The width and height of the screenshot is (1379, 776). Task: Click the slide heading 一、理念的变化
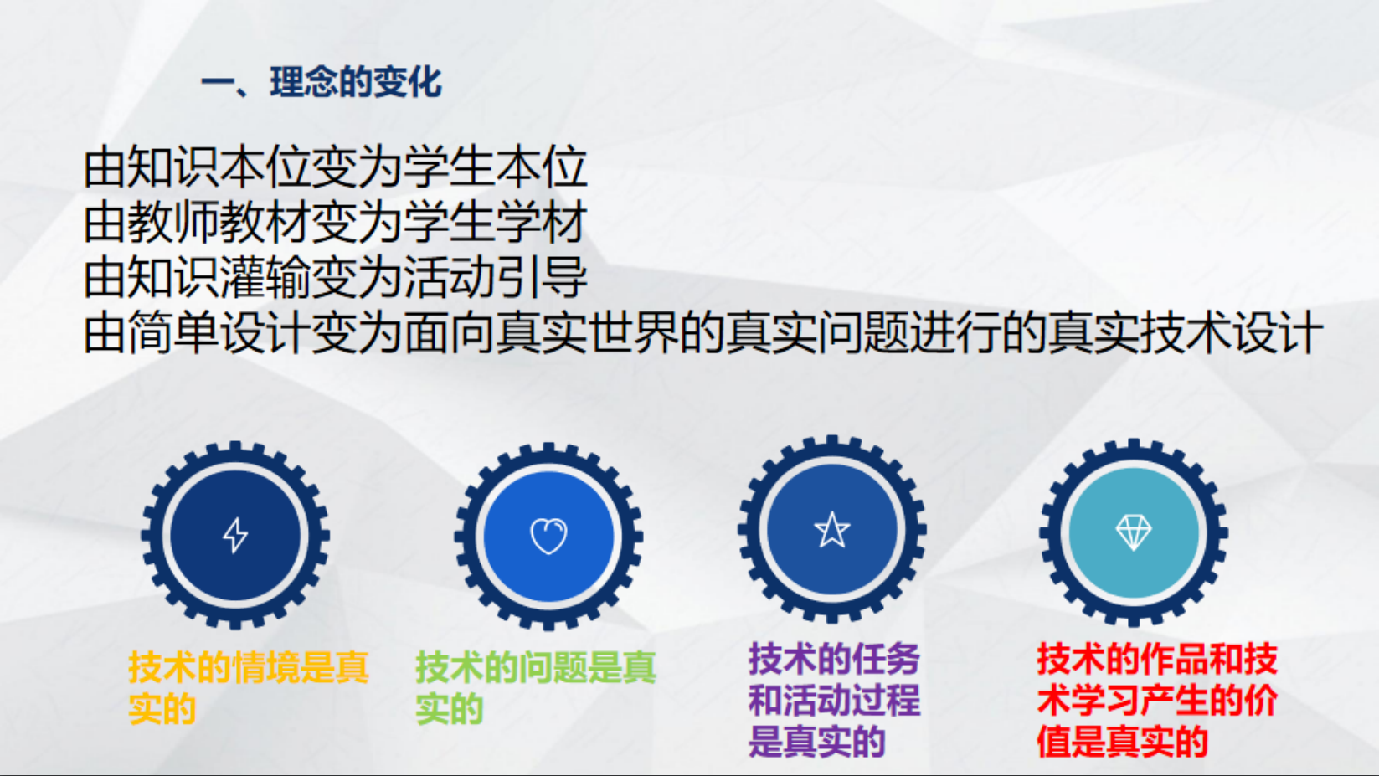pyautogui.click(x=321, y=82)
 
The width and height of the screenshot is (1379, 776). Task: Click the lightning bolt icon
pyautogui.click(x=235, y=535)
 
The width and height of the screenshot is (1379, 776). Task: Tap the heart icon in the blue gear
pyautogui.click(x=548, y=536)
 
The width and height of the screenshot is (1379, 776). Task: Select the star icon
pyautogui.click(x=831, y=530)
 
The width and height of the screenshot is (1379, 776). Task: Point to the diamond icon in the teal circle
pyautogui.click(x=1134, y=532)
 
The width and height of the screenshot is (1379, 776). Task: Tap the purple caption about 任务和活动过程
pyautogui.click(x=834, y=700)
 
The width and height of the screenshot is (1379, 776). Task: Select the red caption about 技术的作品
pyautogui.click(x=1157, y=700)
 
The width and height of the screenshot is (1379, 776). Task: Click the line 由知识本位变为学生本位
pyautogui.click(x=335, y=167)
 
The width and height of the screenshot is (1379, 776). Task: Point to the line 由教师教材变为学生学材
pyautogui.click(x=335, y=223)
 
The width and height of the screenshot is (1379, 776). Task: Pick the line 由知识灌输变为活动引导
pyautogui.click(x=335, y=278)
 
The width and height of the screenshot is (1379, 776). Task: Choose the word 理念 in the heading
pyautogui.click(x=302, y=82)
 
